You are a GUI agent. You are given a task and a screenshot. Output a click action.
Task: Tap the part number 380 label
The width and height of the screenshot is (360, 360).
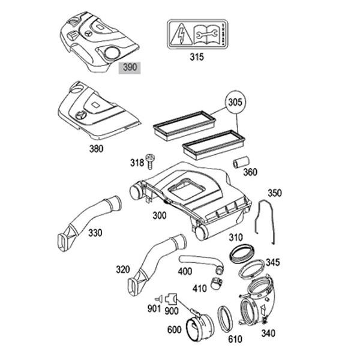tap(96, 149)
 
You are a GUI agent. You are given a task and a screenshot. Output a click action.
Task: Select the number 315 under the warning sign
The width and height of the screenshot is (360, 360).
tap(196, 58)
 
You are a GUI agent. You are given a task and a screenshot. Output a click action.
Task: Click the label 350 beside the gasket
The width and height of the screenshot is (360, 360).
tap(274, 193)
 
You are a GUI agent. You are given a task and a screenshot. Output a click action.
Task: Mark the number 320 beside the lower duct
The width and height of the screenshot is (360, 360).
tap(122, 269)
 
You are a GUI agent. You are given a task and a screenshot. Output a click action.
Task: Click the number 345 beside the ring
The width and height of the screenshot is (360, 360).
tap(272, 262)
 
